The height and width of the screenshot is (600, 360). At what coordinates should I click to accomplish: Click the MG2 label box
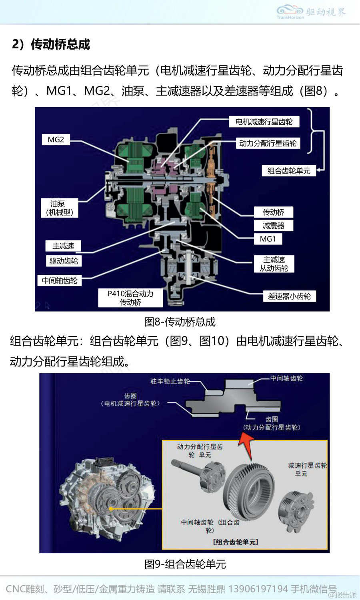[x=56, y=140]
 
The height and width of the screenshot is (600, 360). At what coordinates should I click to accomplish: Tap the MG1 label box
[x=268, y=239]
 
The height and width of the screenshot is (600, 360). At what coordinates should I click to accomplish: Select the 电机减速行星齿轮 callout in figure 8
[x=264, y=122]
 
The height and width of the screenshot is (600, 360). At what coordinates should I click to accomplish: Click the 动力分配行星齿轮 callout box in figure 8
[x=268, y=143]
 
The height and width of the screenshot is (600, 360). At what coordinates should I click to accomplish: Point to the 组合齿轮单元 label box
[x=289, y=171]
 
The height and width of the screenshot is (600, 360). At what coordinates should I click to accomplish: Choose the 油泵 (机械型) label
[x=60, y=208]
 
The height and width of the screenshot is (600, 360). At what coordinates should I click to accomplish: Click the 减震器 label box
[x=274, y=226]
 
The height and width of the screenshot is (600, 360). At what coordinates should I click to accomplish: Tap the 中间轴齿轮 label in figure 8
[x=60, y=280]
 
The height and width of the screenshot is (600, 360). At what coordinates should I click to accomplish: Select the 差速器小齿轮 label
[x=289, y=296]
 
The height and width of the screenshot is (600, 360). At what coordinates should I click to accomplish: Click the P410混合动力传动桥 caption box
[x=130, y=298]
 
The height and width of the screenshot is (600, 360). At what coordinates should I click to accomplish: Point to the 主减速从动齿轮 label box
[x=274, y=264]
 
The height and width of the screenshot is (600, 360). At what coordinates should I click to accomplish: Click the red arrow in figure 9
[x=246, y=446]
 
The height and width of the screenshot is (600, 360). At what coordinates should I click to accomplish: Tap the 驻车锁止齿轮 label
[x=170, y=381]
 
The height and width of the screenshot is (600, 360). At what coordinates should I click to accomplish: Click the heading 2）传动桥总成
[x=51, y=44]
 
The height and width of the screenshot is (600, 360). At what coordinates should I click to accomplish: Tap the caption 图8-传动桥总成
[x=180, y=322]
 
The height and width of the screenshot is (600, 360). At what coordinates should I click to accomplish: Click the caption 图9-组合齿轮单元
[x=185, y=564]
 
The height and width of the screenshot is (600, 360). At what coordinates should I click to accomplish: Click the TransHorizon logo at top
[x=311, y=12]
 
